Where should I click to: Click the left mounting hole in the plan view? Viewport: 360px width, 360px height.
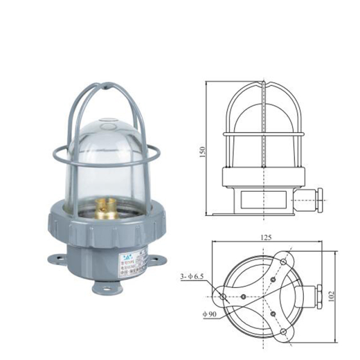click(223, 296)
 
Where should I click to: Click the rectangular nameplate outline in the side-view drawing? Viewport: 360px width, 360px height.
click(264, 199)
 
